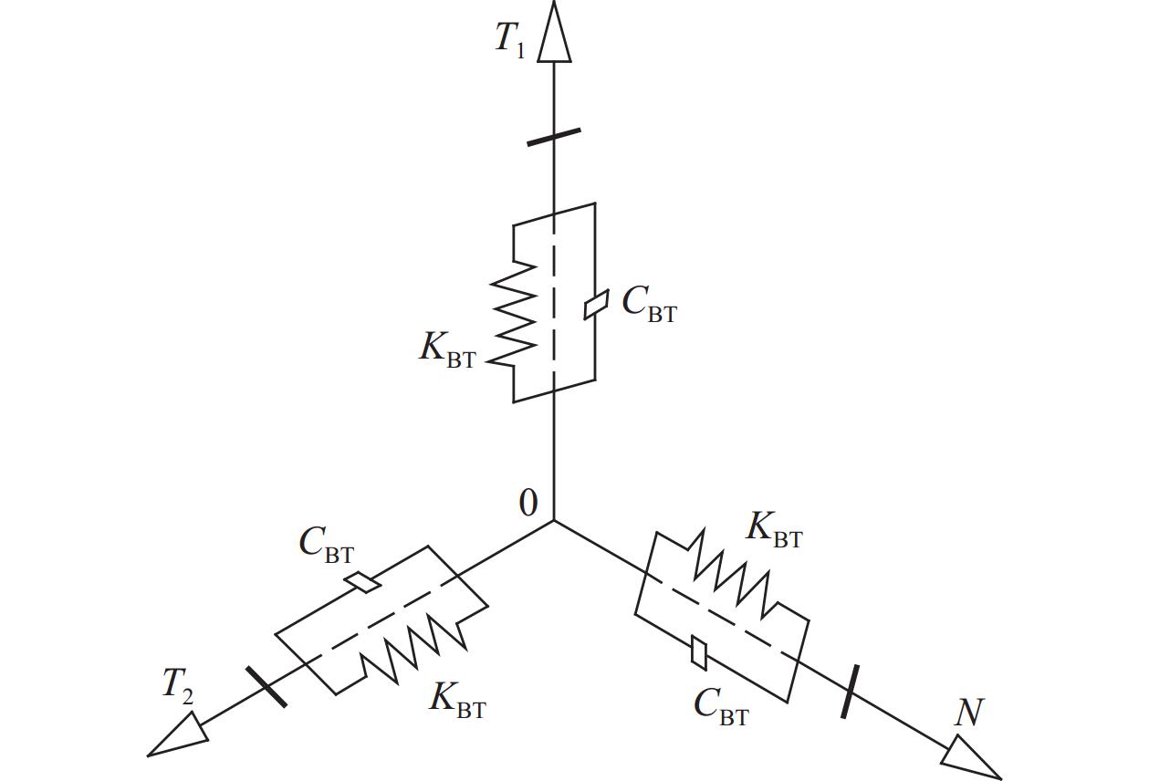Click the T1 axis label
(x=510, y=39)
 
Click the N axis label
(x=968, y=713)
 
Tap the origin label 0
(x=528, y=503)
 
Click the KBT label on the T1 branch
(x=447, y=350)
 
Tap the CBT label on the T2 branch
(x=326, y=545)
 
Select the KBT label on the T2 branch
(x=458, y=700)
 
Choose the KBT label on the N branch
(x=774, y=529)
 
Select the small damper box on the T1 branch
(x=596, y=305)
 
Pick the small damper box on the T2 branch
(x=364, y=582)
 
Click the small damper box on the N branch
(x=700, y=651)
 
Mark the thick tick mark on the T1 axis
(x=554, y=137)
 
